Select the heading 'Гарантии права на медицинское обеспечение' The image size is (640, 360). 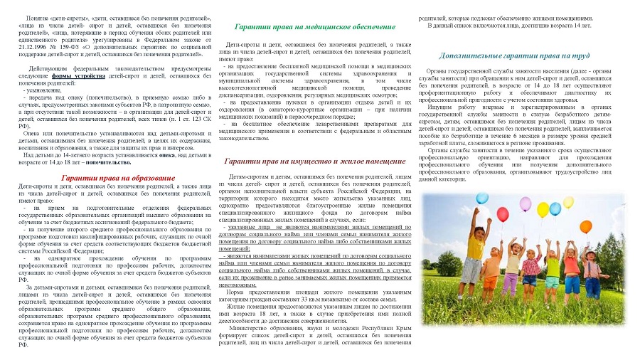(315, 26)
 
